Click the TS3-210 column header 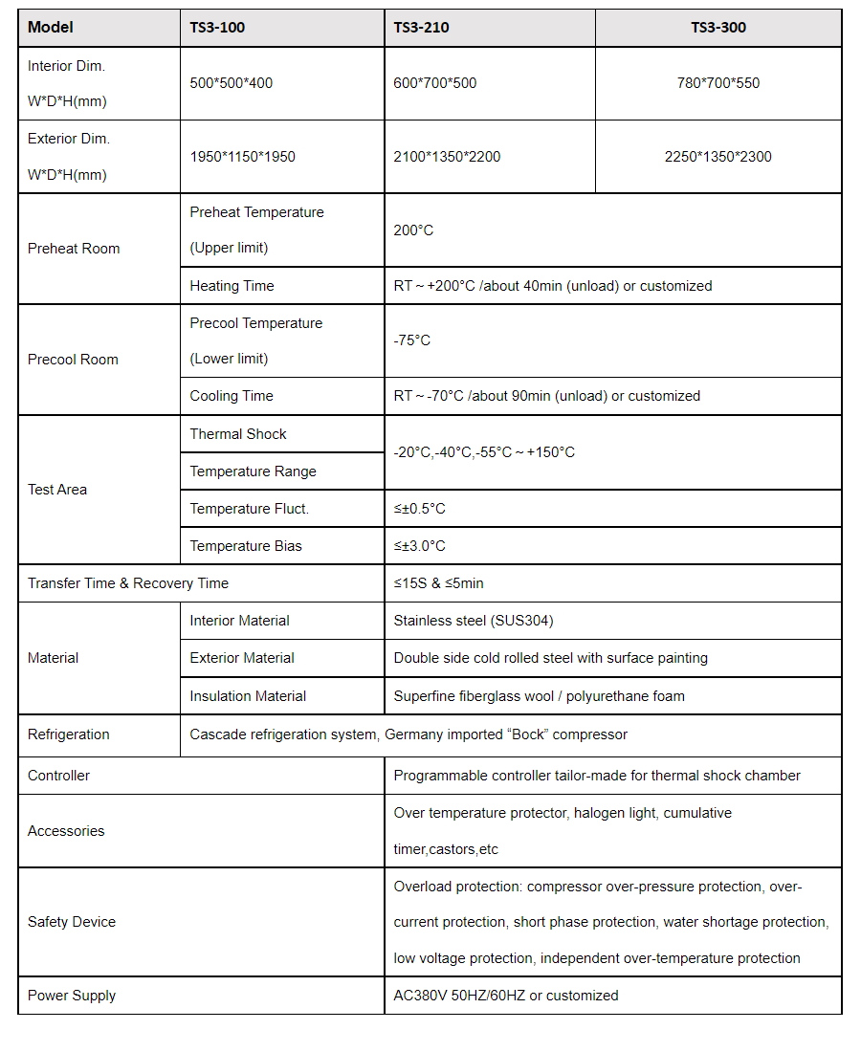(x=421, y=28)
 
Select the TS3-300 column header (x=718, y=28)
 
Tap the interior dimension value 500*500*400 (x=232, y=83)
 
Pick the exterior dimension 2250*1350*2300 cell (x=718, y=157)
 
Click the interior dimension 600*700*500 (x=435, y=83)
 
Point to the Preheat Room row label (x=74, y=249)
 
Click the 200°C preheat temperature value (x=413, y=230)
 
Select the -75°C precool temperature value (x=412, y=340)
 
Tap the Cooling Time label (x=232, y=396)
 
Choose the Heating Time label (x=232, y=286)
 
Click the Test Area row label (x=57, y=490)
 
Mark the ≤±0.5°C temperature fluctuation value (x=420, y=509)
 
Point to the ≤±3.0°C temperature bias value (x=420, y=546)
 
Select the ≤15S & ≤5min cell (x=439, y=583)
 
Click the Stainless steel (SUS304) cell (x=474, y=621)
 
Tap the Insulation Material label (x=248, y=696)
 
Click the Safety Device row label (x=72, y=922)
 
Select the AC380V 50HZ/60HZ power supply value (x=506, y=996)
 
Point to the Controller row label (x=59, y=776)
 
